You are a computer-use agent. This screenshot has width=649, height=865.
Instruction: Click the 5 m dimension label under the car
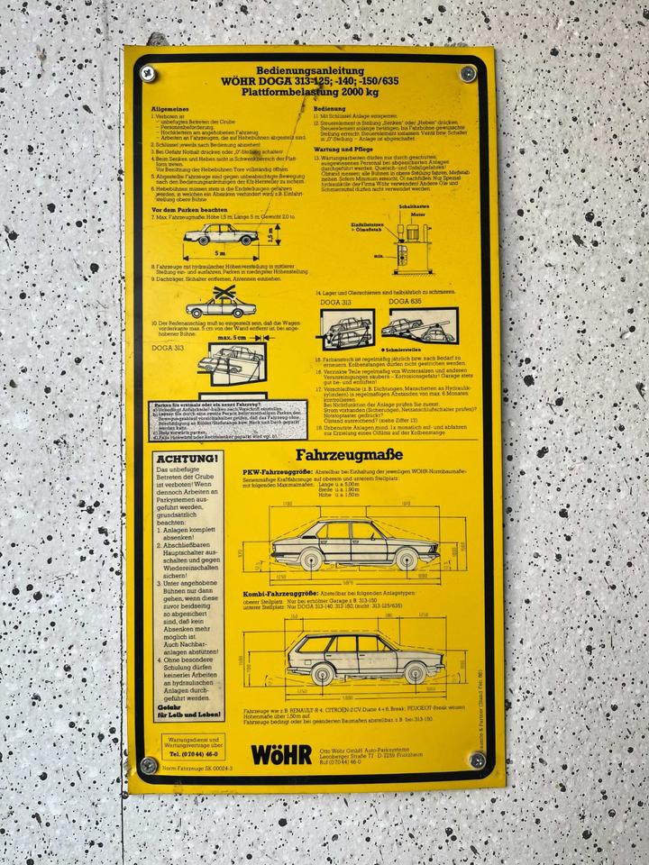(220, 254)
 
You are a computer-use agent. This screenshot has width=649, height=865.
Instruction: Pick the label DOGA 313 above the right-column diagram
(337, 302)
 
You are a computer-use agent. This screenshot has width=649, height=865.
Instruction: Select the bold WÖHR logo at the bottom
(280, 753)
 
